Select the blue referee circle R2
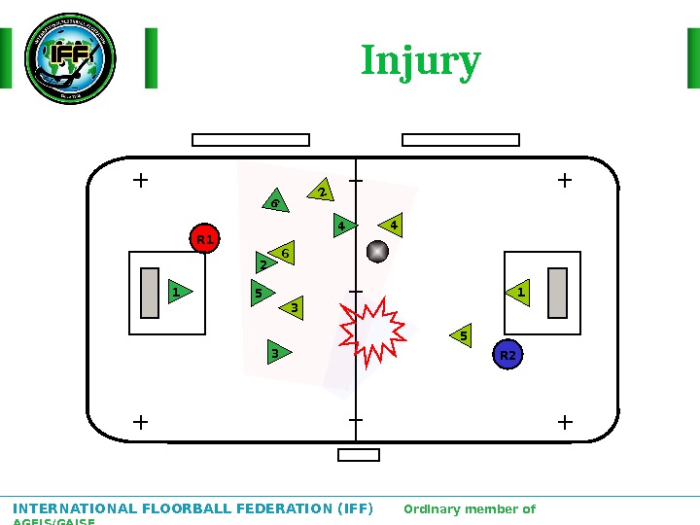point(507,356)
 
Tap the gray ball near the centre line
point(377,252)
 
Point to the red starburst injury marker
point(372,332)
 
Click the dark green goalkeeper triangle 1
point(179,292)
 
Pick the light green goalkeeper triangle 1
point(519,292)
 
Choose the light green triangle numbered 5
point(462,336)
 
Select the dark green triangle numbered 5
point(261,293)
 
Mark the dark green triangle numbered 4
point(343,227)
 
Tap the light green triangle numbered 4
point(392,227)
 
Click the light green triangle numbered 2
point(322,192)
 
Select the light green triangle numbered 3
point(292,308)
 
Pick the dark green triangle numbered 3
point(277,352)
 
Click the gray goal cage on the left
point(149,293)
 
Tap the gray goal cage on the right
point(557,293)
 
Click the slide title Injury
point(420,61)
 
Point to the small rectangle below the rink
point(359,455)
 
